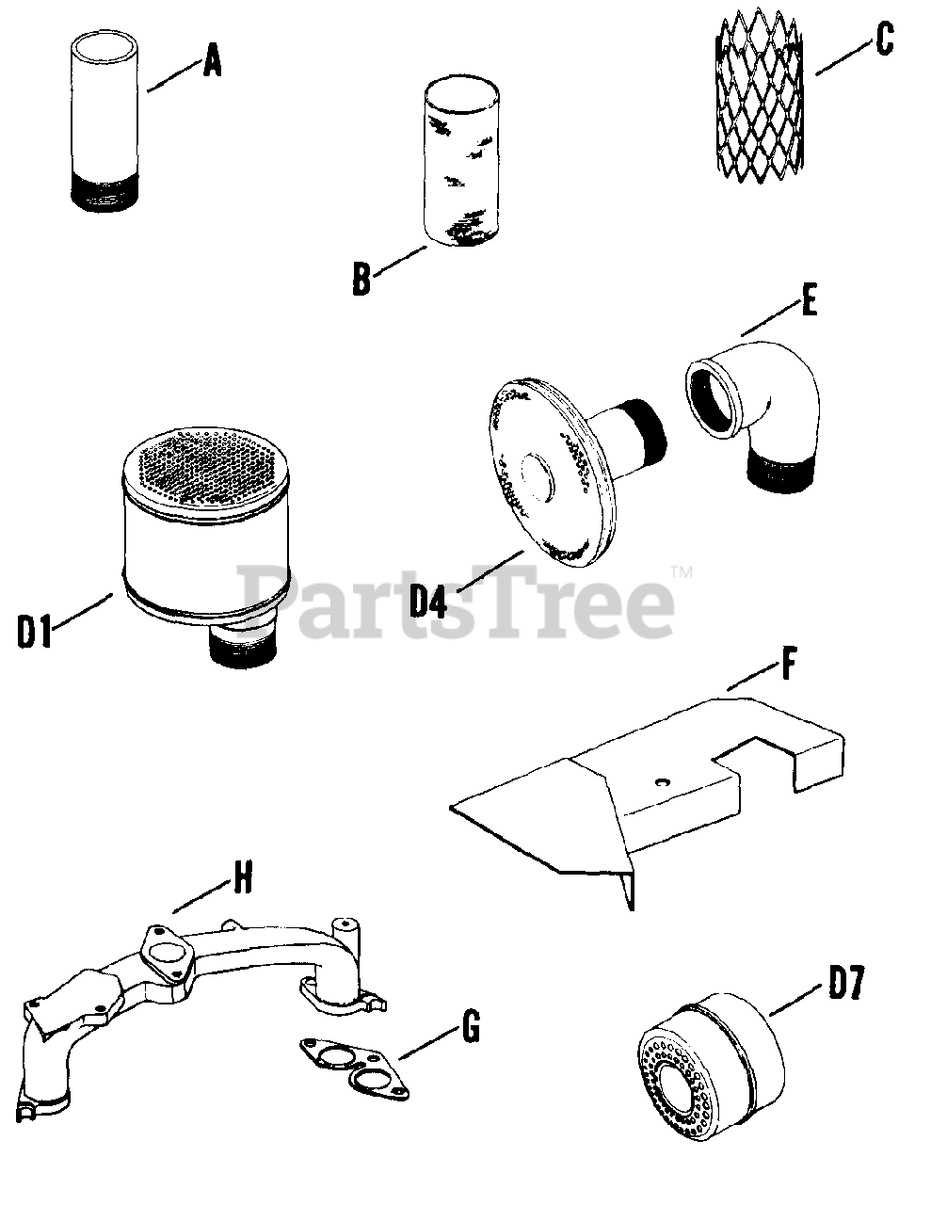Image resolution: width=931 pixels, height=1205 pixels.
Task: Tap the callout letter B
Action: click(361, 280)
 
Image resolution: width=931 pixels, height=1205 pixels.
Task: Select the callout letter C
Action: click(883, 40)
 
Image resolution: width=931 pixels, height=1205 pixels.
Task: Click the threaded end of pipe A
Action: click(104, 191)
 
